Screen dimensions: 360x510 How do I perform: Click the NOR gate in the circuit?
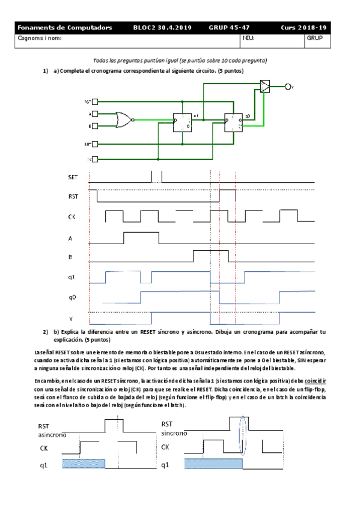tap(124, 118)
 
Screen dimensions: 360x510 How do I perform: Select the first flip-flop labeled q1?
tap(182, 122)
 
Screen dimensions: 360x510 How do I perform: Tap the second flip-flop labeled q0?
tap(233, 122)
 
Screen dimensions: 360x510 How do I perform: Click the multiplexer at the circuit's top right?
tap(266, 86)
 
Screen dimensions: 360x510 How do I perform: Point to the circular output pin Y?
tap(288, 87)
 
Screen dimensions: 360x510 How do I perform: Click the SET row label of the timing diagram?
tap(72, 178)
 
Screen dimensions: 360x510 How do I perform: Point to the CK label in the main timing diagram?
tap(72, 217)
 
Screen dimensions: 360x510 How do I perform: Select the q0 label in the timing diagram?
tap(72, 297)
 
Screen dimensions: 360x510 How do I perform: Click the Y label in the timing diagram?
tap(71, 319)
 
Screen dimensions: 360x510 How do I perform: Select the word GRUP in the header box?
tap(315, 38)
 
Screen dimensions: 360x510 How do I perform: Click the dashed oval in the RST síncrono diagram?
tap(243, 436)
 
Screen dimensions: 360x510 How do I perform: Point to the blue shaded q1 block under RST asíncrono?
tap(84, 463)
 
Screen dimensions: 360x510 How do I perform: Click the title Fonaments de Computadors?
tap(65, 28)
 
